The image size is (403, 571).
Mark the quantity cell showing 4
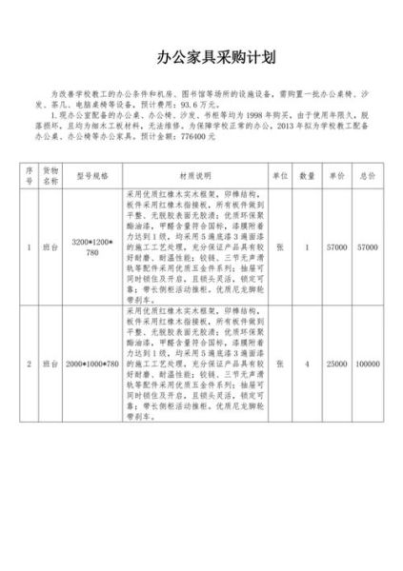click(x=307, y=364)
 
